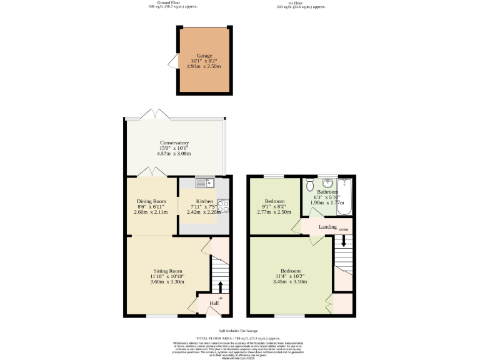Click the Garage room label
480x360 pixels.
[x=204, y=56]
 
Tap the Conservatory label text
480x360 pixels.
[x=174, y=142]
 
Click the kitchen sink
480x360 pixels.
[x=204, y=182]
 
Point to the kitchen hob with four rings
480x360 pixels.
[x=224, y=206]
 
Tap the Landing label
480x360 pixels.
[x=327, y=227]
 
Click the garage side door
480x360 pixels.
[x=172, y=61]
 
